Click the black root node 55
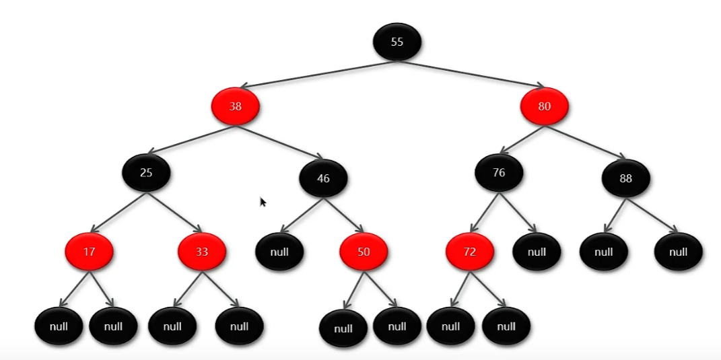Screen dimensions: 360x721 click(x=397, y=42)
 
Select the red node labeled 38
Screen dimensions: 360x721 click(x=236, y=106)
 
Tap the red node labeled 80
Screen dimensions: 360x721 click(x=544, y=106)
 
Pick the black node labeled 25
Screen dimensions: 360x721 click(x=146, y=172)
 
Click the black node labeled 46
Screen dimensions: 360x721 click(x=323, y=178)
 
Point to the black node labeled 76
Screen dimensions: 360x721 click(x=499, y=173)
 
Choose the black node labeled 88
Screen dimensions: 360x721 click(x=625, y=178)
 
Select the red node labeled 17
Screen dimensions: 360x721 click(x=89, y=252)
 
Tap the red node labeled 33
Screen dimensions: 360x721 click(x=202, y=252)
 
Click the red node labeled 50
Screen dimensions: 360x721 click(x=364, y=252)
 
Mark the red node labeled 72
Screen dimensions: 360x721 click(x=470, y=252)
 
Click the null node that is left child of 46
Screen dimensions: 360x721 click(x=279, y=252)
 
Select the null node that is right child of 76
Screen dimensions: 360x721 click(x=537, y=252)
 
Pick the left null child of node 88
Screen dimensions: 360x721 click(x=604, y=252)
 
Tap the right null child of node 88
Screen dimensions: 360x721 click(x=678, y=252)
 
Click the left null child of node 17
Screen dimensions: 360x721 click(x=59, y=326)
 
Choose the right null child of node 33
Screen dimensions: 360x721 click(x=239, y=326)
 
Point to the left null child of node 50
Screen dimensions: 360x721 click(x=343, y=329)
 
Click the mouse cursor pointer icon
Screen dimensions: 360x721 click(x=263, y=202)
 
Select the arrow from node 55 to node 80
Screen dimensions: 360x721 click(x=471, y=74)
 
